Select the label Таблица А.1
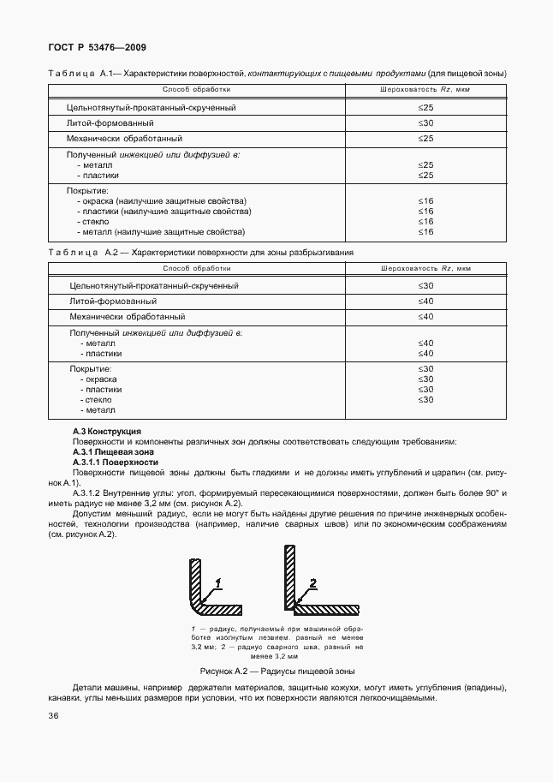click(x=80, y=74)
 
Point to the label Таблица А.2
click(x=80, y=254)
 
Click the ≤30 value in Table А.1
click(x=425, y=123)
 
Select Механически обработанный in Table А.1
click(x=124, y=138)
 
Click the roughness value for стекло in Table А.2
click(x=425, y=399)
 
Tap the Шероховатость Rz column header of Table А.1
click(x=425, y=89)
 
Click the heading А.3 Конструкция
click(x=107, y=431)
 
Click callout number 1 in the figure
click(x=218, y=582)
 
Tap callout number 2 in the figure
click(x=313, y=582)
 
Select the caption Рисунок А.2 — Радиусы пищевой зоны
click(x=276, y=671)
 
